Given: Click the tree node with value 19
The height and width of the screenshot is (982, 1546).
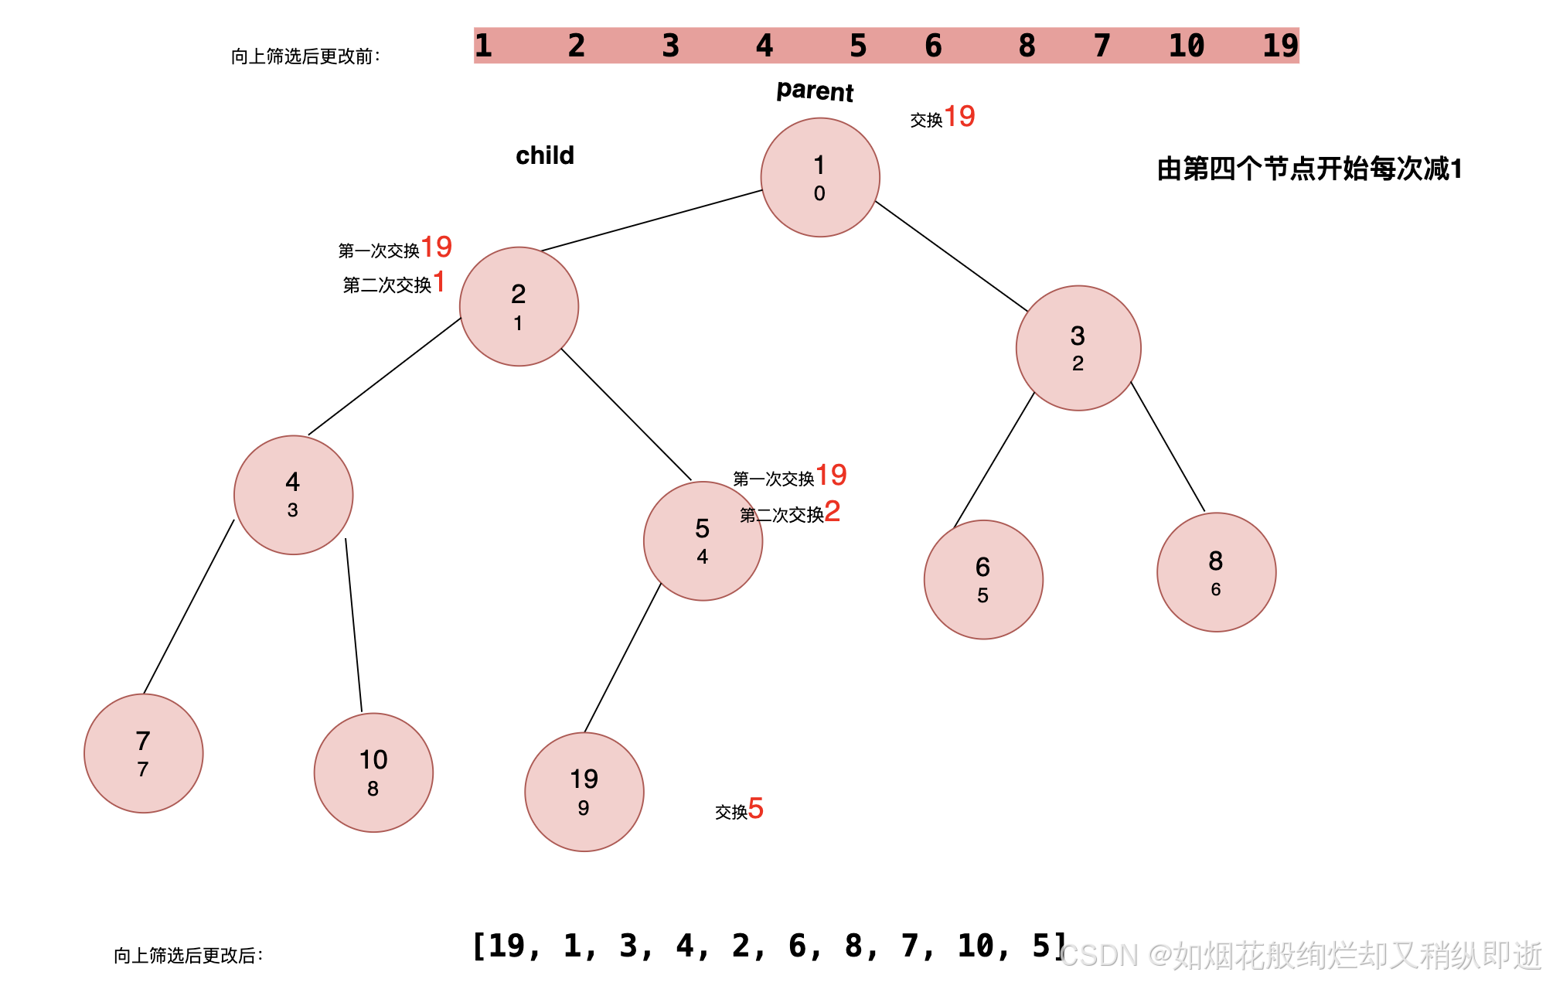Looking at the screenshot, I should point(584,792).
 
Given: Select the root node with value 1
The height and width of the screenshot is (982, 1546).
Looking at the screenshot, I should point(820,177).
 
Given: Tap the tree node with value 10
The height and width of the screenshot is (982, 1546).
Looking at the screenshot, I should point(373,772).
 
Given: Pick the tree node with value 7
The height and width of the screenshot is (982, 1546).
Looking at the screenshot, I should point(144,753).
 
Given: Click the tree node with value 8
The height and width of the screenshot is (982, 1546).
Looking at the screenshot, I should point(1216,572).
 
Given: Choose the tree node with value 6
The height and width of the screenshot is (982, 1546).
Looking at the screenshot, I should point(983,579).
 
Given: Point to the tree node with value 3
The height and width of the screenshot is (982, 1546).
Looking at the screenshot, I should point(1078,348).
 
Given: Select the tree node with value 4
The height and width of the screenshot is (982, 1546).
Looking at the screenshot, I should point(294,495).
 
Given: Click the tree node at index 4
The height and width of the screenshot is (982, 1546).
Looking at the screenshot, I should point(703,540).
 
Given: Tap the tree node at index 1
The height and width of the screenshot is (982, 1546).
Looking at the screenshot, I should point(519,306).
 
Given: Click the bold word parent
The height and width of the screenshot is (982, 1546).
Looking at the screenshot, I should point(815,91).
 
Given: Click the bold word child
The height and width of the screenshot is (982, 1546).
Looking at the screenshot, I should point(545,155).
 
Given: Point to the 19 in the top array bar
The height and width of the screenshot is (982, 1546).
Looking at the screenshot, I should point(1280,46).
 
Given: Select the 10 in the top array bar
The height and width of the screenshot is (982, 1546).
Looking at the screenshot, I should point(1187,46).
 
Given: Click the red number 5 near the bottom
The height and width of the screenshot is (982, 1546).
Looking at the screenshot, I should point(756,809).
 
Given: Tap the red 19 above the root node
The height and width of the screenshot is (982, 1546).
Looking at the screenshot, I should point(959,117).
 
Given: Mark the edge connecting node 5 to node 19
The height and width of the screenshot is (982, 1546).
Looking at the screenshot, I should point(622,658).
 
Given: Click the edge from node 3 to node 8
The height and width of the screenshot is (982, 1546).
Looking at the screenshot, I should point(1167,446).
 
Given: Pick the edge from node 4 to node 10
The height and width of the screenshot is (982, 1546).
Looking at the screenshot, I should point(353,625).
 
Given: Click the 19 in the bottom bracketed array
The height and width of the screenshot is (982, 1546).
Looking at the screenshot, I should point(506,946).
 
